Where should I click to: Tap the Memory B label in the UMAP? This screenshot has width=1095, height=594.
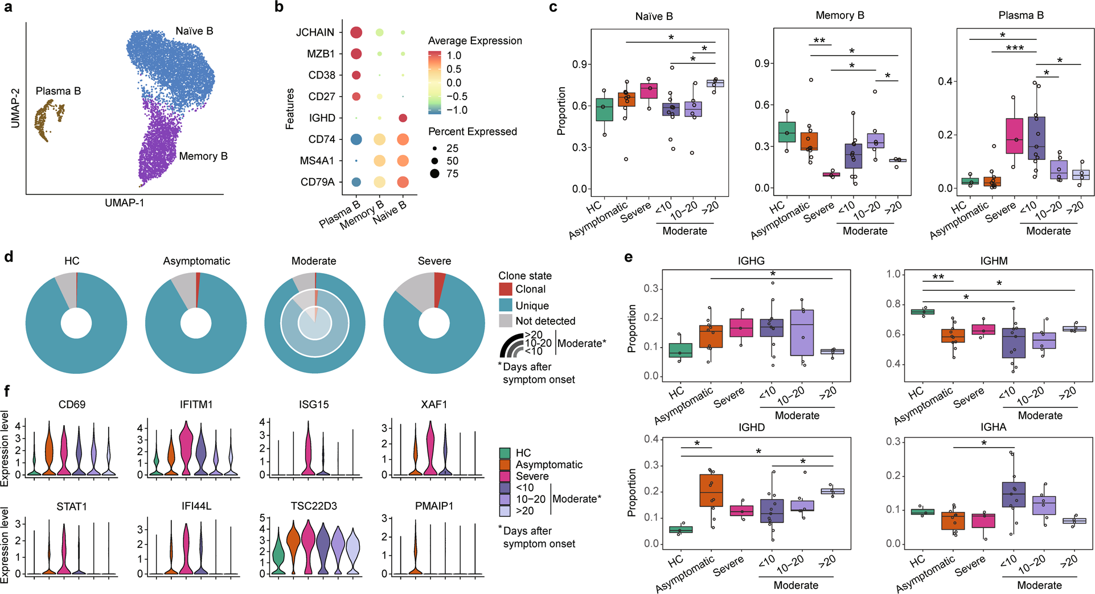203,156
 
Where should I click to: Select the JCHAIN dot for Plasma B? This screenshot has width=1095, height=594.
356,32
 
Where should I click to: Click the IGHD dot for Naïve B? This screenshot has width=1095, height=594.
403,118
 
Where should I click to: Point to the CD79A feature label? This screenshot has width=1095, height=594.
317,182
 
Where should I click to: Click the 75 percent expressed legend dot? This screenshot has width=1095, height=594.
434,174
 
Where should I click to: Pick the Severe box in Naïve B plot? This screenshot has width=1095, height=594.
649,91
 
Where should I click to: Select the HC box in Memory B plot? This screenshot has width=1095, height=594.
786,132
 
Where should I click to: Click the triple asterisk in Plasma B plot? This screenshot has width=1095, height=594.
1014,48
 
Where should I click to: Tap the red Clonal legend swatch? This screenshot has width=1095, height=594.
505,289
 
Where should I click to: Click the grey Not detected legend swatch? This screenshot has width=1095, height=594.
505,321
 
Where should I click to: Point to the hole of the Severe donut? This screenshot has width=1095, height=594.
434,323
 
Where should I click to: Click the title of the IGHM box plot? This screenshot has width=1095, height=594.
994,261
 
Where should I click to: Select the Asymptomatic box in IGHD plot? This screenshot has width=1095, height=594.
711,490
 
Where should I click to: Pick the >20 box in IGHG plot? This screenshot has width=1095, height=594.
832,352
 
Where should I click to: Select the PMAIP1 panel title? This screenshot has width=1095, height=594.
434,506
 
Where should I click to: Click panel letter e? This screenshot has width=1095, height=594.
628,257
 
